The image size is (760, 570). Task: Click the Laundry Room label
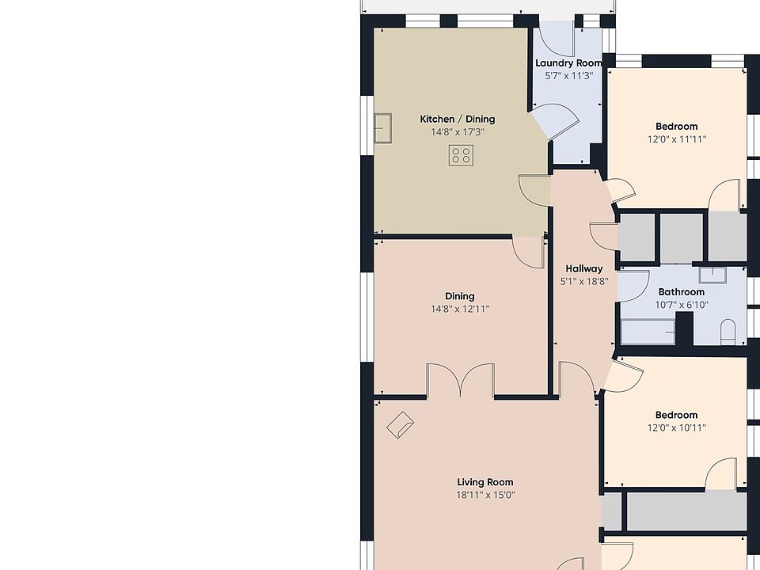point(569,63)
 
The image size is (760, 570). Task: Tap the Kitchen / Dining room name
point(458,120)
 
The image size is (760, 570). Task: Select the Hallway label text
point(584,269)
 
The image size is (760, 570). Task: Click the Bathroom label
point(682,292)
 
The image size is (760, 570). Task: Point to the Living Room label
point(485,482)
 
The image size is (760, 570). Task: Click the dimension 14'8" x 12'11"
point(460,309)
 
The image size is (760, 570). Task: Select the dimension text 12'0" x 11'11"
point(677,139)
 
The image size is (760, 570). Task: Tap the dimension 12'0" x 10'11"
point(677,427)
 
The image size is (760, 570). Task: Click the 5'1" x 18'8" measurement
point(584,282)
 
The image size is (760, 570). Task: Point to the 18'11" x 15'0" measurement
point(485,495)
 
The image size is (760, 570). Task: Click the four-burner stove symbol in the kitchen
point(461,156)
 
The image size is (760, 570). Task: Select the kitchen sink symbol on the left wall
point(382,128)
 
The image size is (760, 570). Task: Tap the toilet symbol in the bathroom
point(728,332)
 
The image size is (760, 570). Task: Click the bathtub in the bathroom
point(648,332)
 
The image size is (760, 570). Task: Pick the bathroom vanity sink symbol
point(712,275)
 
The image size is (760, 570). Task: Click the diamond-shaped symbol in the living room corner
point(400,425)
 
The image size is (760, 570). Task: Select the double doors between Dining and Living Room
point(460,380)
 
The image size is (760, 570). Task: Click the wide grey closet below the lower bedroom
point(686,512)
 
